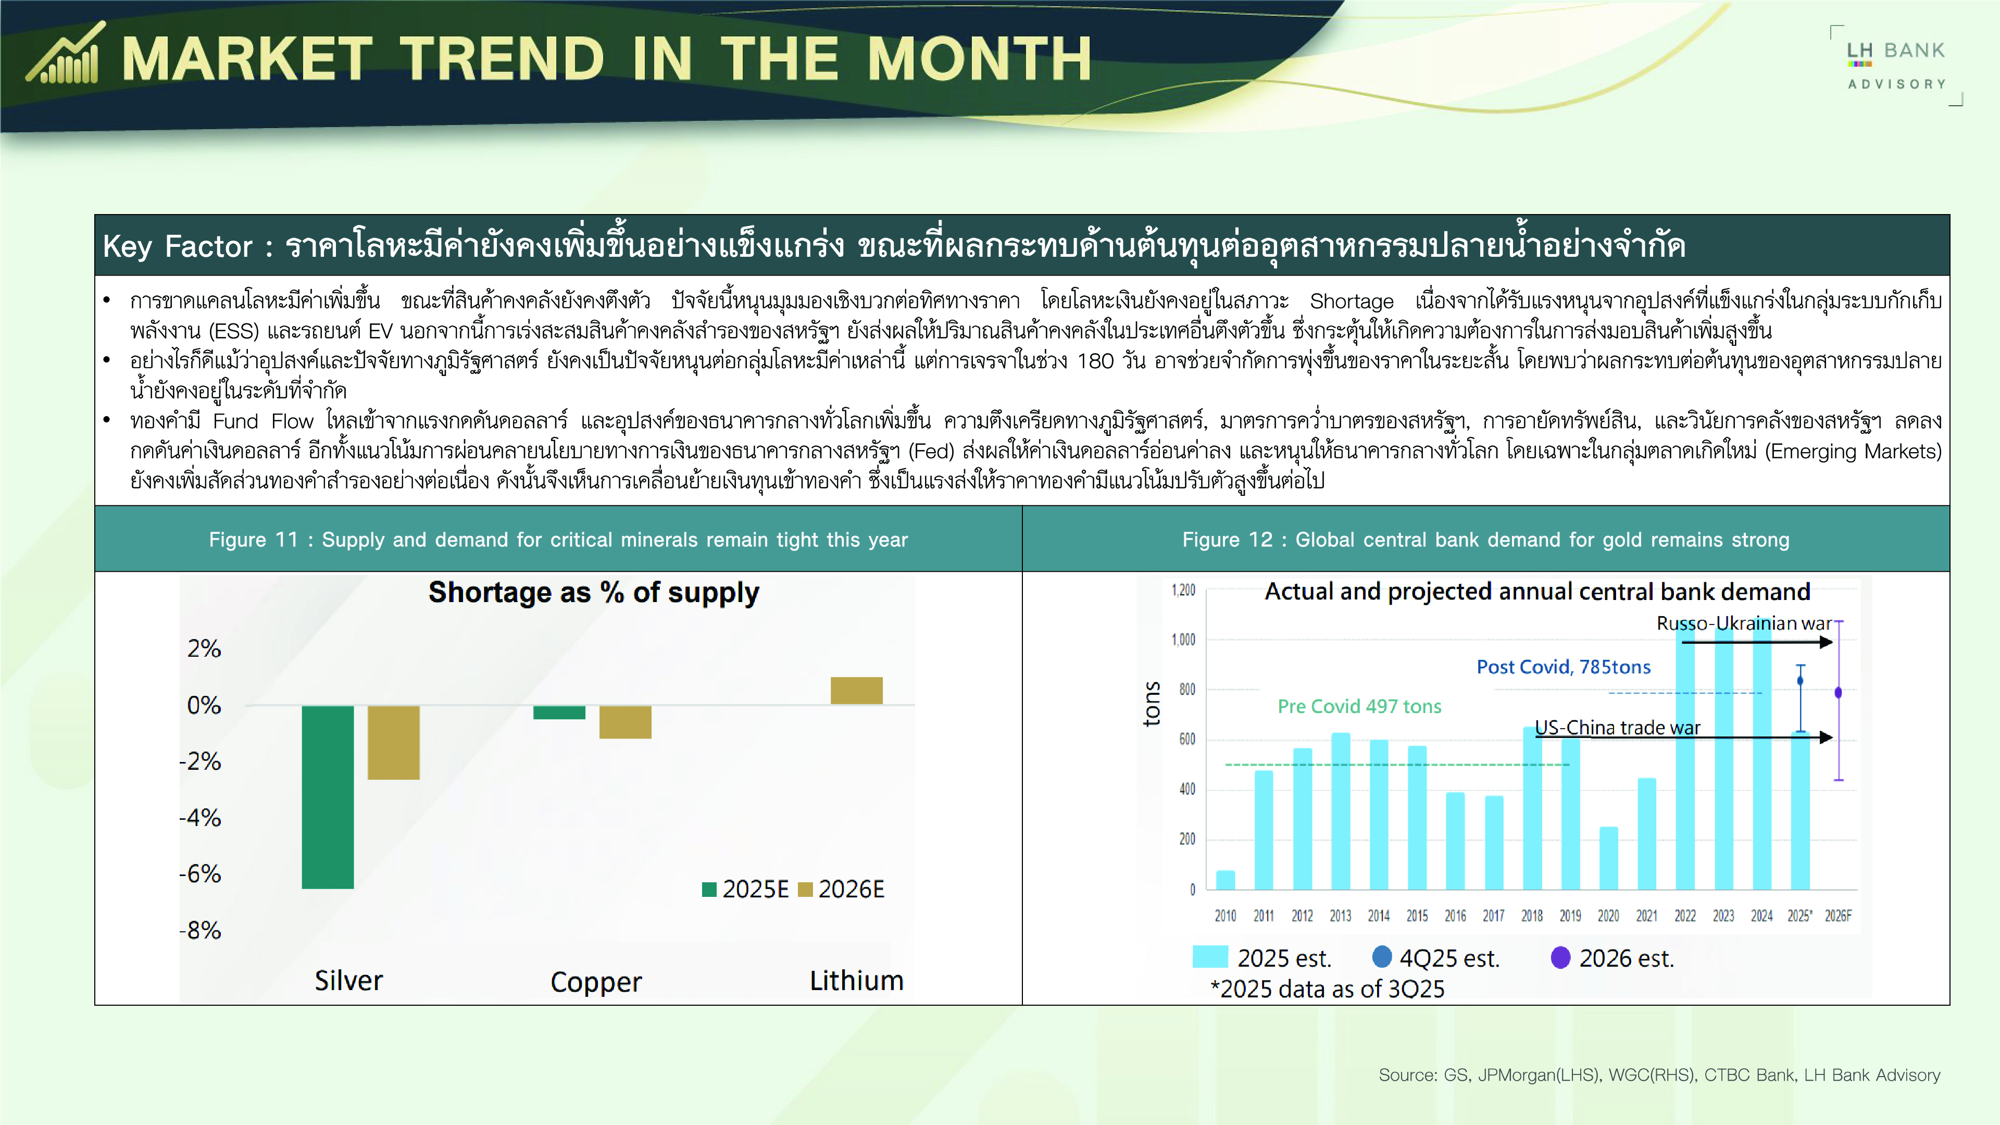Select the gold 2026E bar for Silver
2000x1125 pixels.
coord(394,742)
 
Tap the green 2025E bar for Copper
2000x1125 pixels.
coord(559,712)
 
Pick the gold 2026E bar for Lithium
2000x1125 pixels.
coord(856,690)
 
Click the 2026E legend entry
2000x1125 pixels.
coord(842,889)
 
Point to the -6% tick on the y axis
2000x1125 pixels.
coord(201,874)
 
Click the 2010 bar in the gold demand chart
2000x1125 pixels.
coord(1225,880)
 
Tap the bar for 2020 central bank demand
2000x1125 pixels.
coord(1609,858)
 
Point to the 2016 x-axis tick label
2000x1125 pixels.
coord(1456,916)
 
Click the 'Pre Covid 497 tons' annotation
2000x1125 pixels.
coord(1359,707)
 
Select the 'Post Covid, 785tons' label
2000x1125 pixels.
coord(1564,667)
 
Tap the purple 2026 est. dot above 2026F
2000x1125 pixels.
coord(1838,693)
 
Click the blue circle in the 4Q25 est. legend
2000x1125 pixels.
coord(1382,957)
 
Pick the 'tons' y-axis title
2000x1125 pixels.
coord(1152,704)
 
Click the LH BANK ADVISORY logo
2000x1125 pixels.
coord(1896,66)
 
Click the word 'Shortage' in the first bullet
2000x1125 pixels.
coord(1352,301)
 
